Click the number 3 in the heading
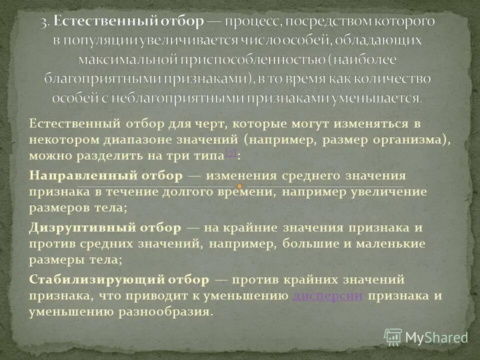(x=44, y=22)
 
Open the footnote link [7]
(x=230, y=153)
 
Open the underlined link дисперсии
(x=328, y=295)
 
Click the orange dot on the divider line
(x=239, y=187)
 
